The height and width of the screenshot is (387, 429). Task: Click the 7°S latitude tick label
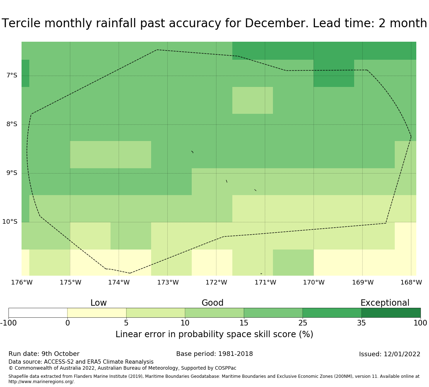tap(12, 75)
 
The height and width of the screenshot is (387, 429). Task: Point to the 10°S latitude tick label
tap(10, 222)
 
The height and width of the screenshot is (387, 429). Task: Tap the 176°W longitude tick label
tap(22, 282)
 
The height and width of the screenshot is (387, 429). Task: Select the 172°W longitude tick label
tap(216, 282)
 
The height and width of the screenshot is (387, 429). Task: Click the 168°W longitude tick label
tap(411, 282)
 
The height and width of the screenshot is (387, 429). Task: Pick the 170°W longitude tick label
tap(314, 282)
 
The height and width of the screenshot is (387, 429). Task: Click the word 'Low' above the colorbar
tap(99, 303)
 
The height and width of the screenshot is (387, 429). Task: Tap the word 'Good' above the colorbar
tap(213, 303)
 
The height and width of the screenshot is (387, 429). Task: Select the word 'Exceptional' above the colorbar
tap(385, 303)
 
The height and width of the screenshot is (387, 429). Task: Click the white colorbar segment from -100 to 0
tap(38, 313)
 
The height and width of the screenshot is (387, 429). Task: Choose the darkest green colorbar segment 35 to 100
tap(391, 313)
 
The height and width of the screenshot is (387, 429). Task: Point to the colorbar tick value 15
tap(244, 323)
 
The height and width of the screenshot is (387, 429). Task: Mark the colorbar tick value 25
tap(303, 323)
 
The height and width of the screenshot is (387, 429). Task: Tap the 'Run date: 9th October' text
tap(44, 354)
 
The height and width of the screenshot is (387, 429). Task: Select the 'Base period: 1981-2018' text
tap(214, 354)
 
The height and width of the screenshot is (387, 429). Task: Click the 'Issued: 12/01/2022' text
tap(389, 354)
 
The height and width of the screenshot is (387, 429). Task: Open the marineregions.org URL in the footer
tap(41, 382)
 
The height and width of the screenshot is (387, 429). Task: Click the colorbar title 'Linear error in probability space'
tap(191, 334)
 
